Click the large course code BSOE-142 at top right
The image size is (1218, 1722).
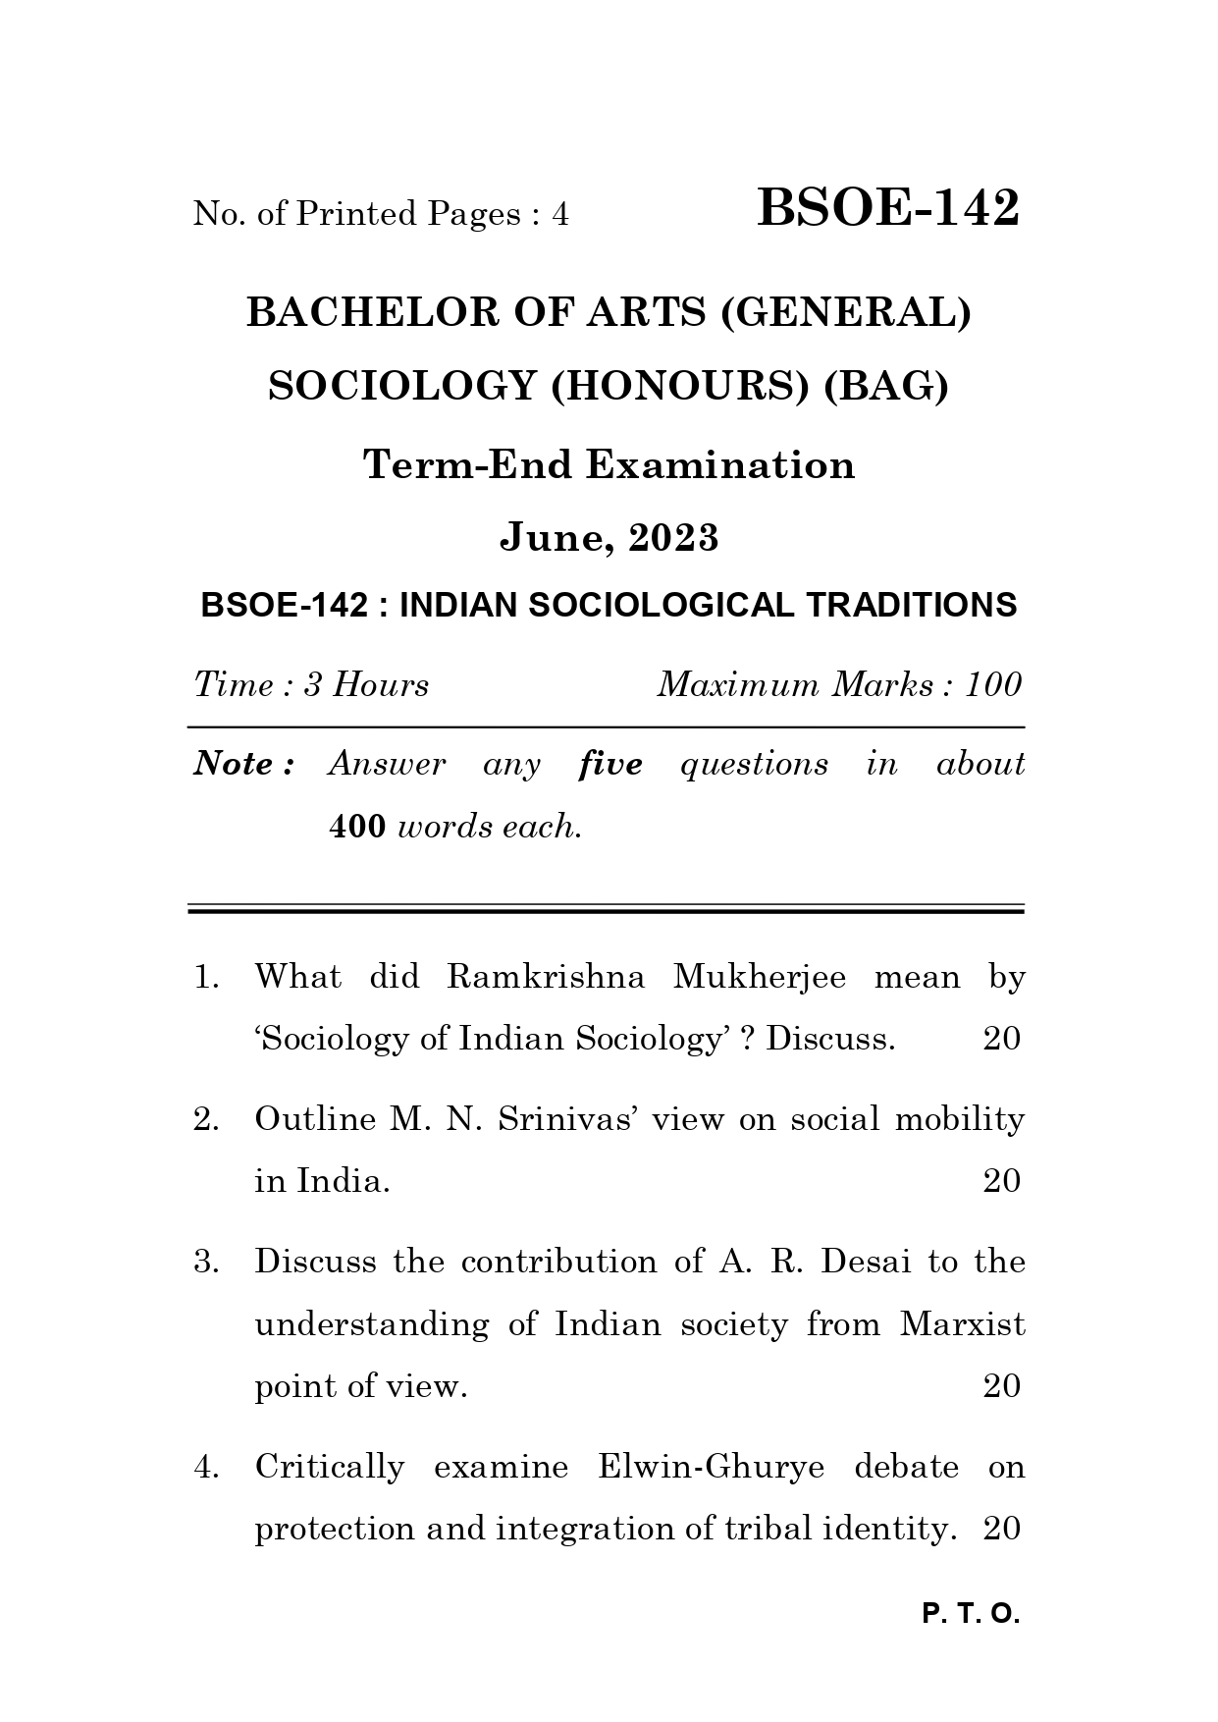click(888, 208)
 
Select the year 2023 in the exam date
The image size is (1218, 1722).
click(673, 537)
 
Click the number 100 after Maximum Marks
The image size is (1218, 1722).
click(993, 684)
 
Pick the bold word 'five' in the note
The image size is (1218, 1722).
click(610, 764)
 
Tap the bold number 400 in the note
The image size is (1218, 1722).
click(357, 827)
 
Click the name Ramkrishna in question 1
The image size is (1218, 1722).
click(546, 976)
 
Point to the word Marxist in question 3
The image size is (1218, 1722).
click(962, 1324)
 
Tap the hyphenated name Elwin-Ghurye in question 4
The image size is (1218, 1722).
click(711, 1467)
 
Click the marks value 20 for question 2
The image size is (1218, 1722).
click(1001, 1180)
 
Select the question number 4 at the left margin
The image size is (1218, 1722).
click(204, 1467)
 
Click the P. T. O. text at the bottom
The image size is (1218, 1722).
click(972, 1613)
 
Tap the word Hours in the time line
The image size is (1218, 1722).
click(381, 684)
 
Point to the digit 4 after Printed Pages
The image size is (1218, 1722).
click(559, 213)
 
